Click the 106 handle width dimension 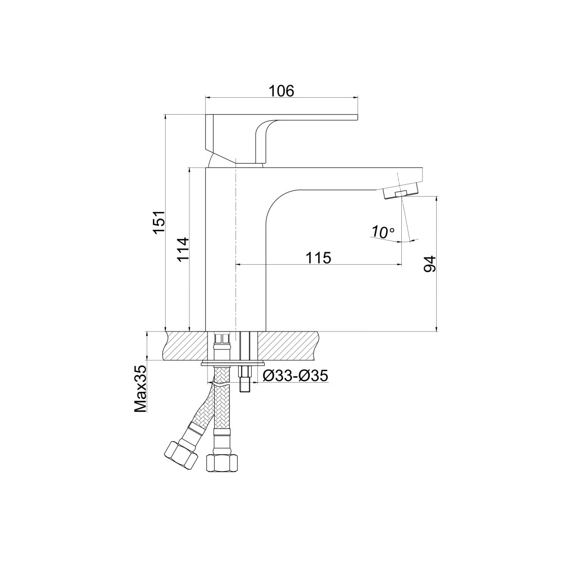(282, 91)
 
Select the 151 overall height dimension (159, 222)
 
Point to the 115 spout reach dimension (318, 258)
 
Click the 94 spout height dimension (429, 264)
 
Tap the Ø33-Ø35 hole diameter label (296, 376)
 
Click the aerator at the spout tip (401, 194)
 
